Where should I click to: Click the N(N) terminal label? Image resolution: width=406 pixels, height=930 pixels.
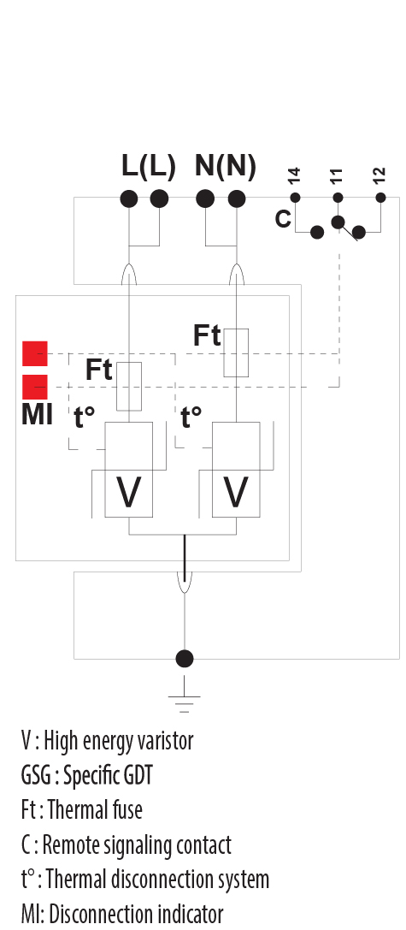point(225,167)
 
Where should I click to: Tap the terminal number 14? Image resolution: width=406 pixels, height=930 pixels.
point(295,177)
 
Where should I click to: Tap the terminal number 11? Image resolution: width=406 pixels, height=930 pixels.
point(337,177)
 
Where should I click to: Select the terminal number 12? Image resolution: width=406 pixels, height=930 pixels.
point(380,177)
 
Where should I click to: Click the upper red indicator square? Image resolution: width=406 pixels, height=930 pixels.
point(35,353)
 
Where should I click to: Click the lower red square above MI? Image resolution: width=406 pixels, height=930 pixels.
point(35,387)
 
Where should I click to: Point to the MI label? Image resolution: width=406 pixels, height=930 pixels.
point(37,417)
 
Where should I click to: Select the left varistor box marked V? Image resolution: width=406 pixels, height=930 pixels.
point(128,493)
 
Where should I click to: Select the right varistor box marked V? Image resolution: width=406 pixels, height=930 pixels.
point(236,493)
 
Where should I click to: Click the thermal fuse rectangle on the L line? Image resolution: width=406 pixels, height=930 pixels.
point(128,386)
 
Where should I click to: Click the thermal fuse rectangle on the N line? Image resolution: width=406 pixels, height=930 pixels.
point(236,352)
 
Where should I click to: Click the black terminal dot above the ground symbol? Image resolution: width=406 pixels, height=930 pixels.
point(184,659)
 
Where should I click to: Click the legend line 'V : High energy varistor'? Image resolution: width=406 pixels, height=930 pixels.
point(107,740)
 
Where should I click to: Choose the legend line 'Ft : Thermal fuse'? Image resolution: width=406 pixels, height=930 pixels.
point(81,809)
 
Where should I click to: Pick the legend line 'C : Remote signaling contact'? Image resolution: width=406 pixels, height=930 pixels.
point(126,844)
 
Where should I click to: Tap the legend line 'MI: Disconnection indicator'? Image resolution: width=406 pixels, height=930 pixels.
point(121,913)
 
